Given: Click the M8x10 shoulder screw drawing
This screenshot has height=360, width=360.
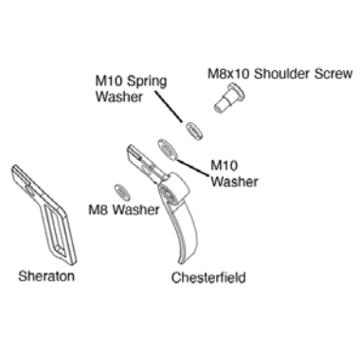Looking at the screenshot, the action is click(229, 98).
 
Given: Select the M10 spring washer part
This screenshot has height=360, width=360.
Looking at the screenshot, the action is click(193, 131).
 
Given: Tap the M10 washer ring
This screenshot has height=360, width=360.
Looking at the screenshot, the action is click(167, 149).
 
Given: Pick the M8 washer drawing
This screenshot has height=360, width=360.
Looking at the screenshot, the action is click(122, 192).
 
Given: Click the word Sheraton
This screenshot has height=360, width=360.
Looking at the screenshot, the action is click(46, 276).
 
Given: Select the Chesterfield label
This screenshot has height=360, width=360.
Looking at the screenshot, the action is click(208, 278).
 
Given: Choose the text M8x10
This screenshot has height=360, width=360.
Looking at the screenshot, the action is click(228, 74).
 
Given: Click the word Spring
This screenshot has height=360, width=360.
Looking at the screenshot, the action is click(148, 82).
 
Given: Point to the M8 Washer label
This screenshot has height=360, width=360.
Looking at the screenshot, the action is click(124, 209).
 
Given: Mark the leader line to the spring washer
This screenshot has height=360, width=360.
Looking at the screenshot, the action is click(169, 106).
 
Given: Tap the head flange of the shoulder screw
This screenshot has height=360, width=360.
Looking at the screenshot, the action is click(237, 92).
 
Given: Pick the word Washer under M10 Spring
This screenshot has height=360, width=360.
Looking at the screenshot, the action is click(118, 97).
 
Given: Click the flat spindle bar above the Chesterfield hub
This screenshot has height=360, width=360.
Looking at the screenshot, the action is click(145, 164).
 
